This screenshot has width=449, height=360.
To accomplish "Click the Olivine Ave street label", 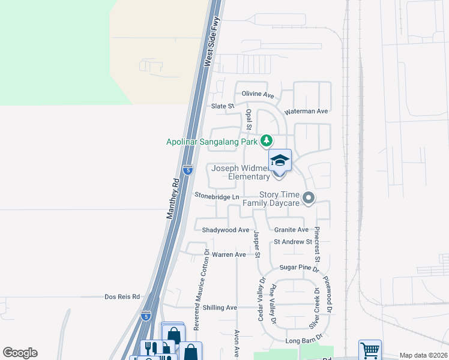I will point(258,95).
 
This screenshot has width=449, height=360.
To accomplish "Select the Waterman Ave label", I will point(306,111).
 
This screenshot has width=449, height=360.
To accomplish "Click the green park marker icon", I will point(267,141).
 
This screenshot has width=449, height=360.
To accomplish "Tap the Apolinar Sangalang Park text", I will point(212,142).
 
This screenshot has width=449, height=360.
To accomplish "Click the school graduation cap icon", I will point(280,161).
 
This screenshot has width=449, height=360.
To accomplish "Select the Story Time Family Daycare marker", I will point(309,197).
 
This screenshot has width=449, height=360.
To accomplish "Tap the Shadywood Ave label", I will point(225,230).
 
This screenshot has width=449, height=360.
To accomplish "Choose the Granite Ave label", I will point(291,230).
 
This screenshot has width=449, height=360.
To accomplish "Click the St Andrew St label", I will point(293,242).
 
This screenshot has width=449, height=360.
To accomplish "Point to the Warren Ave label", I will point(229,254).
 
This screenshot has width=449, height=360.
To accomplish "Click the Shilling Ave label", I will point(220,307).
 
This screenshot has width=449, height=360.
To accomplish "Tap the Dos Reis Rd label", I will point(122,296).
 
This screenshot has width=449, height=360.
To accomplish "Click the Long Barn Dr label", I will point(301,341).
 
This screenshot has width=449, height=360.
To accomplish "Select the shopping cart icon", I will point(370,349).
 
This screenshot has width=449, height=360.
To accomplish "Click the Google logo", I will point(20,353).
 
